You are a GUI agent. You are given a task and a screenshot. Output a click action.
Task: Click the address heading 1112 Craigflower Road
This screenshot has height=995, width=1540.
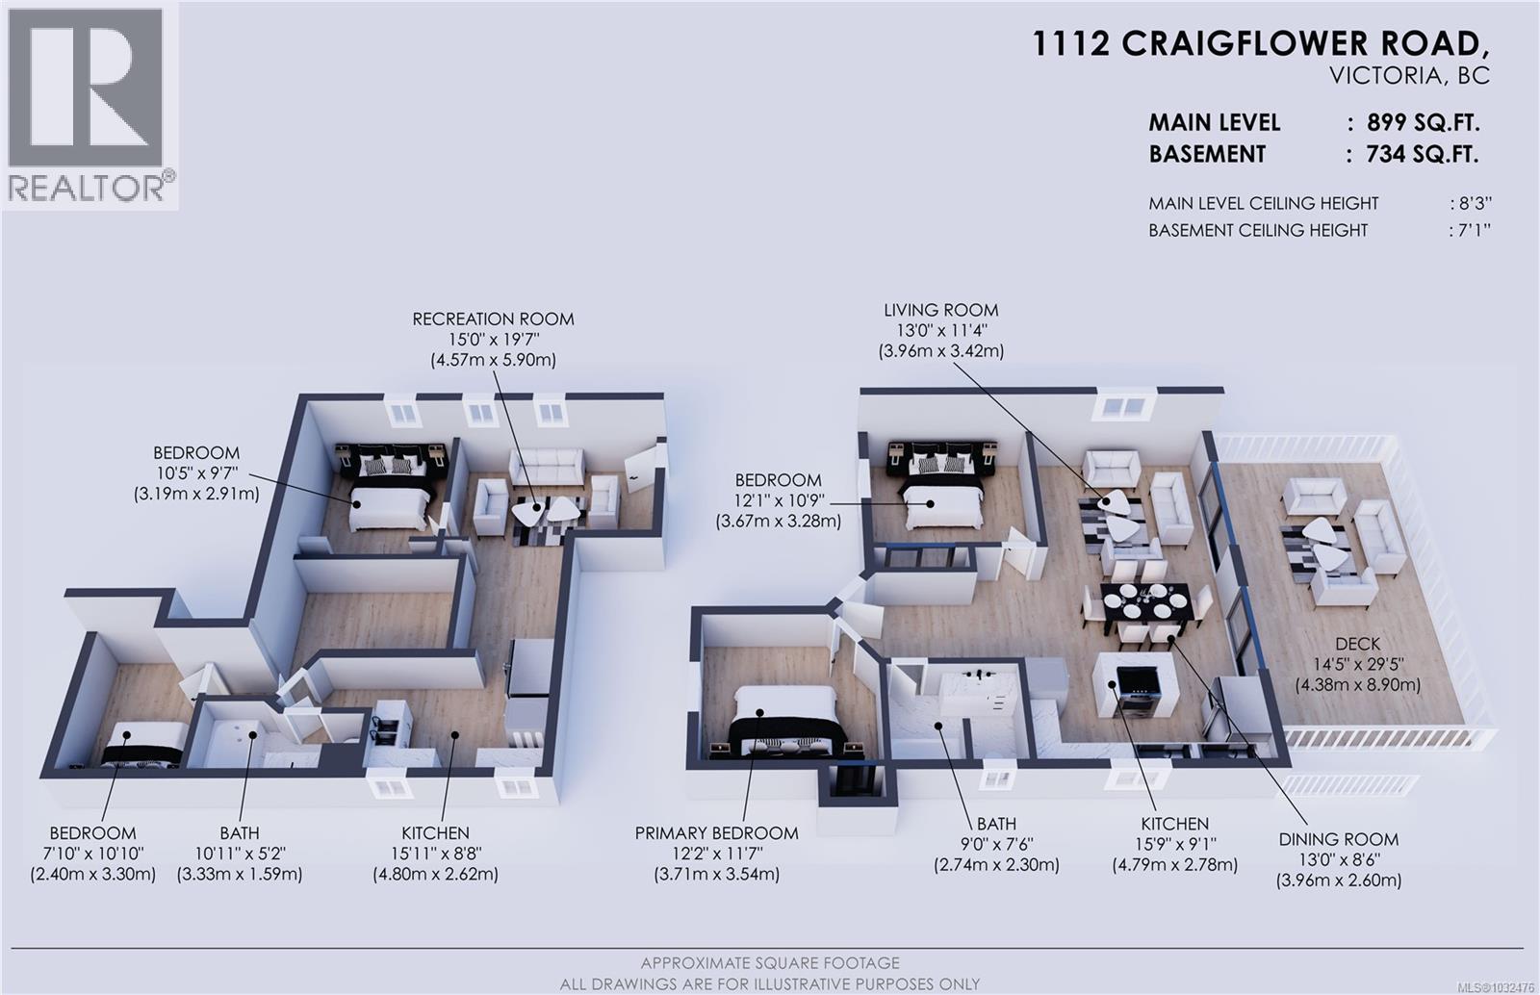1260,44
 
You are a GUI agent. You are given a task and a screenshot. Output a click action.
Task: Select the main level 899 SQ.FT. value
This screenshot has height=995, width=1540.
1423,123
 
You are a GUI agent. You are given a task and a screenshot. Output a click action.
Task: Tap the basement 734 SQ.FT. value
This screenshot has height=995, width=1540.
1422,154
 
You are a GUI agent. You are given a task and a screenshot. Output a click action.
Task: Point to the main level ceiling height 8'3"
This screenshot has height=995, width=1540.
1472,204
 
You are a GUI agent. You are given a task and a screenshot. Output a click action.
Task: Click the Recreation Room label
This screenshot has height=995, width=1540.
493,319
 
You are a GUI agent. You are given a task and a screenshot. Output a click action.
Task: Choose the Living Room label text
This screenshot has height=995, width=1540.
940,310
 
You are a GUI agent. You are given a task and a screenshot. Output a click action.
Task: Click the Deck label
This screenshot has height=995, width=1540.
1357,644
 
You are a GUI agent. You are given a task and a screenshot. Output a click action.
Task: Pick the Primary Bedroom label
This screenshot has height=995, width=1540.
716,833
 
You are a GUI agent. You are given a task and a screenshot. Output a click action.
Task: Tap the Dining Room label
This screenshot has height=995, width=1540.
1338,839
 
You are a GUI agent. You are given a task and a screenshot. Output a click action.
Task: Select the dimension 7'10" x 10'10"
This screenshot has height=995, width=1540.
92,854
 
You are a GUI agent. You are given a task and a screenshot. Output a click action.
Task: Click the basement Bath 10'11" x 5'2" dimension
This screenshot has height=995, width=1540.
239,854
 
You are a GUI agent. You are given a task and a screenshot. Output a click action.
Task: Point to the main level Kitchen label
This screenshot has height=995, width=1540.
1174,824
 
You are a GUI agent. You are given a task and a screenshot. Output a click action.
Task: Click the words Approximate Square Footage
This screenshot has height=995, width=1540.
770,963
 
